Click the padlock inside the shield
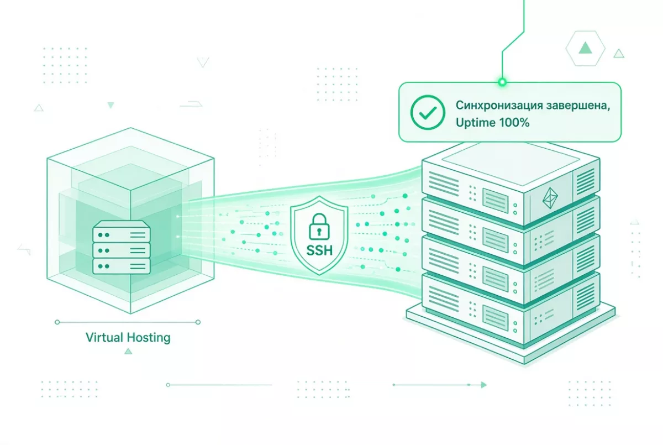[319, 227]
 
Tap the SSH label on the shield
[319, 251]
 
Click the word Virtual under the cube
[104, 337]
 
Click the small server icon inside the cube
[122, 247]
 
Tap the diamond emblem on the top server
[550, 198]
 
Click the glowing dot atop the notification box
[502, 82]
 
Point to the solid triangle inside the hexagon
[585, 48]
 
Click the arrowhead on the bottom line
[483, 385]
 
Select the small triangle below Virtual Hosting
[128, 351]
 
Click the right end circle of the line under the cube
[198, 322]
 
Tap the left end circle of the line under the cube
[57, 322]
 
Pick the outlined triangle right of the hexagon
[619, 54]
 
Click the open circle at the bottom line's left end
[168, 385]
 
